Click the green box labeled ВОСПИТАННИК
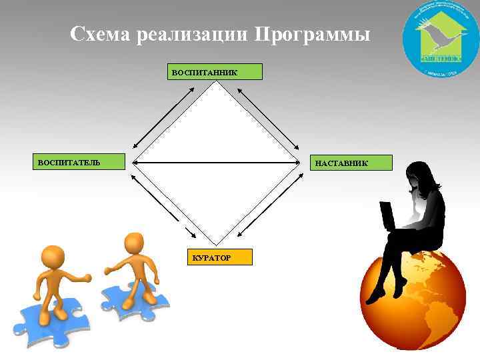214,71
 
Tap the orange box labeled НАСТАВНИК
352,162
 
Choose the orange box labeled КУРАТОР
219,257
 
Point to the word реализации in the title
193,34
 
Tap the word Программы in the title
311,33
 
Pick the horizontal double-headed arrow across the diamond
215,161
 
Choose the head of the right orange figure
135,243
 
